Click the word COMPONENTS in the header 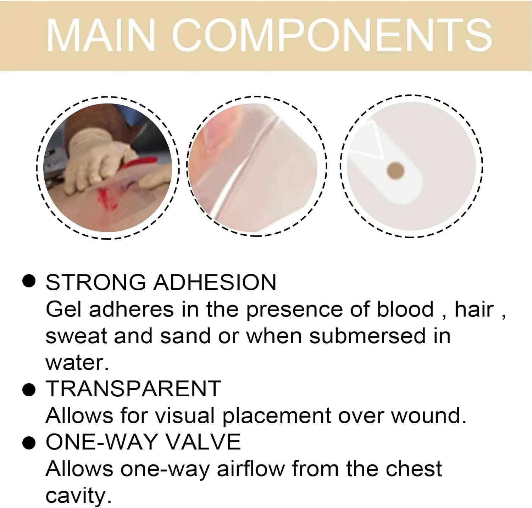332,35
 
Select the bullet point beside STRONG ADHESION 29,281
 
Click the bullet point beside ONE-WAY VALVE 29,443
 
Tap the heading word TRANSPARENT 133,389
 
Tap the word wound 428,415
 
